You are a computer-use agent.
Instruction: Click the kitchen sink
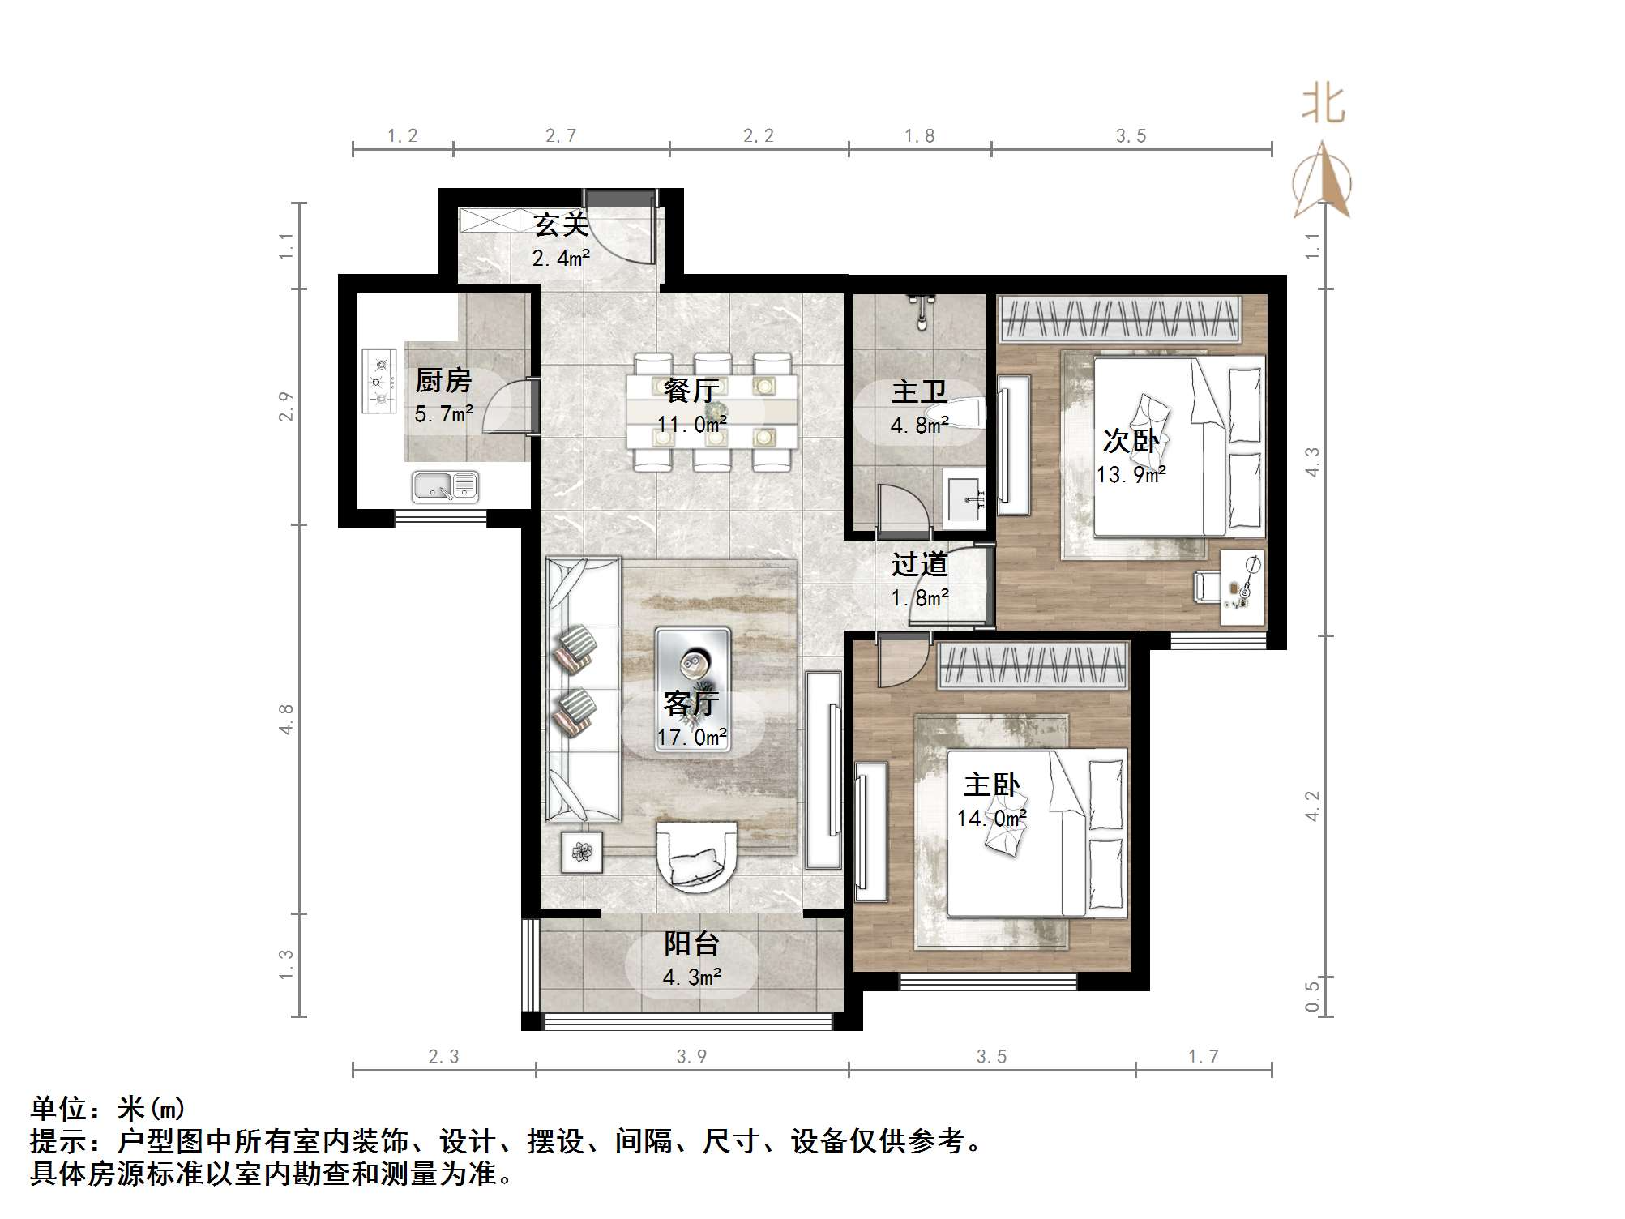click(x=445, y=487)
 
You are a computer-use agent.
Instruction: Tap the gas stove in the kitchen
click(x=378, y=381)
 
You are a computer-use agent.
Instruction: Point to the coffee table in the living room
click(x=692, y=691)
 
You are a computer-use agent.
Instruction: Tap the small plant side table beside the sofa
click(x=582, y=852)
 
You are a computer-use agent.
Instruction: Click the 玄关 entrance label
click(x=560, y=225)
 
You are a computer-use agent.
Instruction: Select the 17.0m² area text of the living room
click(x=691, y=737)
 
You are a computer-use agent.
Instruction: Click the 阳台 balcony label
click(x=691, y=943)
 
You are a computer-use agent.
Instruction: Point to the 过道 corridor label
click(x=919, y=564)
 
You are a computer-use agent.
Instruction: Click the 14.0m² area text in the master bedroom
click(x=991, y=819)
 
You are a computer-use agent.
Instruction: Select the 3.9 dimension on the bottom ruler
click(x=691, y=1056)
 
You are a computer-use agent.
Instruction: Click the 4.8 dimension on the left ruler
click(x=285, y=719)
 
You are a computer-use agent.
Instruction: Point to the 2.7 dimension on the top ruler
click(x=561, y=135)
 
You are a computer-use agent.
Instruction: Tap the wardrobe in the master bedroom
click(x=1033, y=666)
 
